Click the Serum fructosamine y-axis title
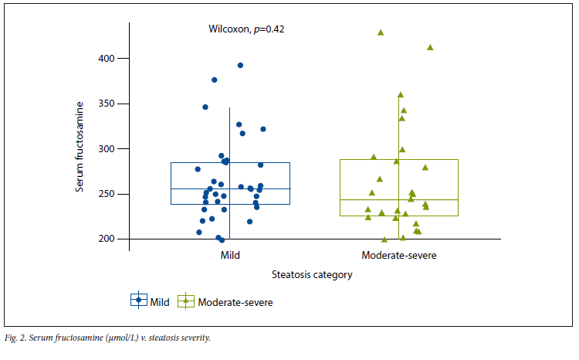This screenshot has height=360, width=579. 79,148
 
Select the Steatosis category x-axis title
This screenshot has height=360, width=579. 313,274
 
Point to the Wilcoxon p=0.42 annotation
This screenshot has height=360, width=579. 247,29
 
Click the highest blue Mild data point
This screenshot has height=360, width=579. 240,66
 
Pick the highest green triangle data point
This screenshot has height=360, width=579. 381,32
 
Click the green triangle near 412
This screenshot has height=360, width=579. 430,47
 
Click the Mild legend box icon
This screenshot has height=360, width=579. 139,301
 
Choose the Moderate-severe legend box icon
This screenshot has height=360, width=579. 186,301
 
